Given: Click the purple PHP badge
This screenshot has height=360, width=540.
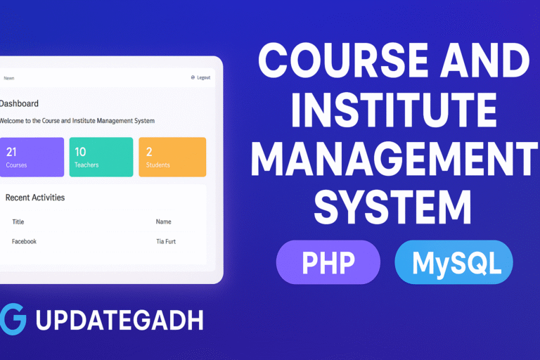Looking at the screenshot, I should pyautogui.click(x=328, y=263).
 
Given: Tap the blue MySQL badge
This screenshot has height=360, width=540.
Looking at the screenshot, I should pyautogui.click(x=454, y=263).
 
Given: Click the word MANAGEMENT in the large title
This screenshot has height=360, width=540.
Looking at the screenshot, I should pyautogui.click(x=391, y=160).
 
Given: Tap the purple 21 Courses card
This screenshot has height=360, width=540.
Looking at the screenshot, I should pyautogui.click(x=32, y=157).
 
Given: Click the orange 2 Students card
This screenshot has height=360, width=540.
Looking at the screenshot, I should pyautogui.click(x=172, y=157).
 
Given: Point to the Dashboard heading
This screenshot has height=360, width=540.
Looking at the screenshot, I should pyautogui.click(x=19, y=103).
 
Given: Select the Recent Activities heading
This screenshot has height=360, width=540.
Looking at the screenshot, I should pyautogui.click(x=35, y=198).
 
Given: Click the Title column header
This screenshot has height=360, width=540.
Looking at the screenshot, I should pyautogui.click(x=18, y=221).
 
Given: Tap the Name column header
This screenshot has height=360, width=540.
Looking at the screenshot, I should pyautogui.click(x=163, y=221).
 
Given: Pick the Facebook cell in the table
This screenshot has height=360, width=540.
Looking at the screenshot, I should pyautogui.click(x=24, y=241).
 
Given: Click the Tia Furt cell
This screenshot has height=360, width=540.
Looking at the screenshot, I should pyautogui.click(x=166, y=241).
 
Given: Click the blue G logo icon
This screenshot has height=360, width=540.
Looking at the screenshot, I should pyautogui.click(x=13, y=319).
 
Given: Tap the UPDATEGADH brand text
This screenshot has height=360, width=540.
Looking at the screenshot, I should pyautogui.click(x=119, y=320).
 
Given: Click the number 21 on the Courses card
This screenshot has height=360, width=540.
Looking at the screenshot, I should pyautogui.click(x=11, y=151).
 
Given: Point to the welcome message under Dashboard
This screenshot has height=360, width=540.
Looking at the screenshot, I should pyautogui.click(x=77, y=121).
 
